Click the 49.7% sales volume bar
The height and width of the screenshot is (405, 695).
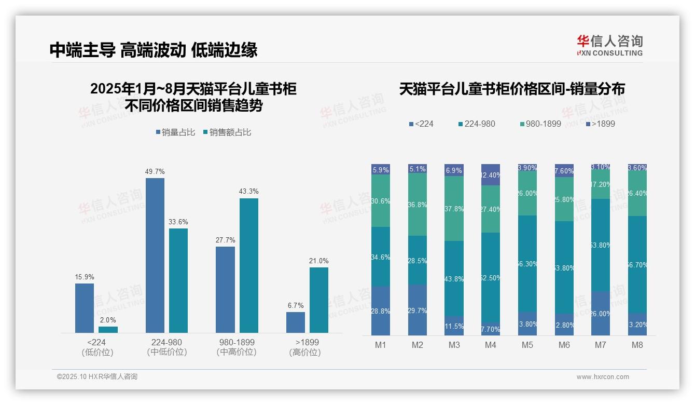[x=155, y=255]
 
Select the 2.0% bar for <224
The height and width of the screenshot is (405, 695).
[x=108, y=329]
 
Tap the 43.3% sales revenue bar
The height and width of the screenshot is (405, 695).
[x=248, y=265]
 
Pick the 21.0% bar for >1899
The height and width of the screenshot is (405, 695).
[x=318, y=300]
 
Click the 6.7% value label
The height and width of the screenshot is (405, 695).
[x=296, y=305]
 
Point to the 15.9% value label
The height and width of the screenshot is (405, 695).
[x=85, y=277]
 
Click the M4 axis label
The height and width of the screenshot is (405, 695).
[x=491, y=345]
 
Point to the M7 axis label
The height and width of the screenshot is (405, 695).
[x=600, y=345]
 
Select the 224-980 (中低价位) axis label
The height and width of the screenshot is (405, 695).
[x=166, y=347]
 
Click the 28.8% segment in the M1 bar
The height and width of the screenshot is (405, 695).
[x=381, y=310]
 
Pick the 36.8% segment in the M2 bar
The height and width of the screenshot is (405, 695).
[x=418, y=204]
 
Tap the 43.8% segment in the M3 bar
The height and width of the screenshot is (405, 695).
[x=454, y=279]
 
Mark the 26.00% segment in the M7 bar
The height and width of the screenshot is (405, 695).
[x=600, y=313]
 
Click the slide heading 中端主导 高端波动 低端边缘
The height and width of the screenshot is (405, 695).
[x=154, y=50]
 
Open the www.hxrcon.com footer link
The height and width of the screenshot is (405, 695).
[x=602, y=377]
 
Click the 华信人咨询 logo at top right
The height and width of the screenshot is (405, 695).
[x=609, y=45]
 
